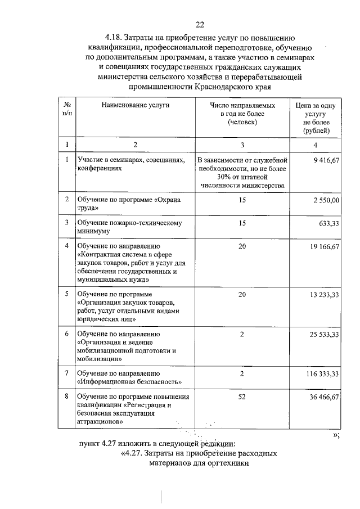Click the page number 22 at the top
coord(199,24)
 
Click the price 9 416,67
coord(327,160)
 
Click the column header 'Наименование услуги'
coord(135,105)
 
